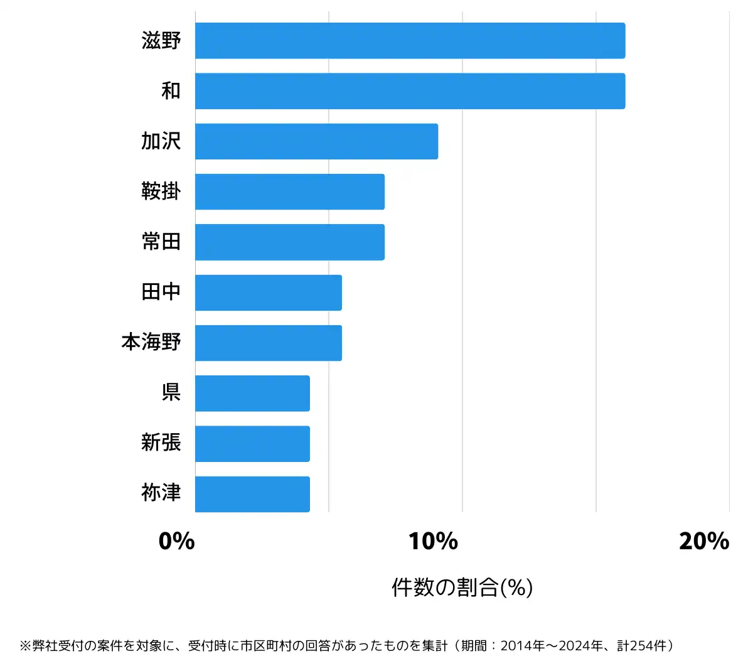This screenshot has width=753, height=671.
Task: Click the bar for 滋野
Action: [x=410, y=41]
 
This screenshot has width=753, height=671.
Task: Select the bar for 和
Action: [x=410, y=91]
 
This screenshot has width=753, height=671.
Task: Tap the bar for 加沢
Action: [x=316, y=141]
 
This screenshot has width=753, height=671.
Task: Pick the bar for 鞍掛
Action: [x=289, y=191]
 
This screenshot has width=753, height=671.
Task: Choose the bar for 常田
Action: [x=289, y=242]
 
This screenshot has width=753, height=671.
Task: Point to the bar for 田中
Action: [x=268, y=293]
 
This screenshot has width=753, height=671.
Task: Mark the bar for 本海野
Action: [x=268, y=343]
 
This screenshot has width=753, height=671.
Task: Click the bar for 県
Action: [x=252, y=394]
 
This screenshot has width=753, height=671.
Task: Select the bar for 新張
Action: [x=252, y=444]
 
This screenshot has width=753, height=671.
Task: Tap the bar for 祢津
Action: [x=252, y=494]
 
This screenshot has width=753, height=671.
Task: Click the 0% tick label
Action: [x=176, y=541]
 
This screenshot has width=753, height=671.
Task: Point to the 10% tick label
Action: [x=433, y=541]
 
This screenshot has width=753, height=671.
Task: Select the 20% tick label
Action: [x=703, y=541]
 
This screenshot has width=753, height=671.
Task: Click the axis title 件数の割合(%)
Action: [x=462, y=588]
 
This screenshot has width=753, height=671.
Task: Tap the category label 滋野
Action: [x=161, y=41]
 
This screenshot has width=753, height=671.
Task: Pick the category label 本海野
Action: [x=151, y=343]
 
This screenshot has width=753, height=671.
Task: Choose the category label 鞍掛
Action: [x=161, y=191]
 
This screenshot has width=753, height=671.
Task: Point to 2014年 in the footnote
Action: [x=523, y=646]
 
